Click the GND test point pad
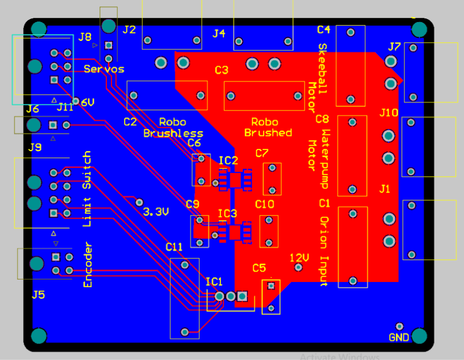(400, 326)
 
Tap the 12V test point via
(299, 267)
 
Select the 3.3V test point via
(139, 201)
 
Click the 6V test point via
(76, 101)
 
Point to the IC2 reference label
(228, 160)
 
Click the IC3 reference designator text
(227, 213)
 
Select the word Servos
(104, 68)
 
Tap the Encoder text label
(88, 264)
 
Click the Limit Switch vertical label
(87, 188)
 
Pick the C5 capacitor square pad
(271, 286)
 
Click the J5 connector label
(38, 294)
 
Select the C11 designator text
(174, 246)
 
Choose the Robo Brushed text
(268, 127)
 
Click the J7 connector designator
(394, 47)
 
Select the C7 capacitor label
(262, 152)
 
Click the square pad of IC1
(242, 296)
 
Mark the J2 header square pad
(108, 45)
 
